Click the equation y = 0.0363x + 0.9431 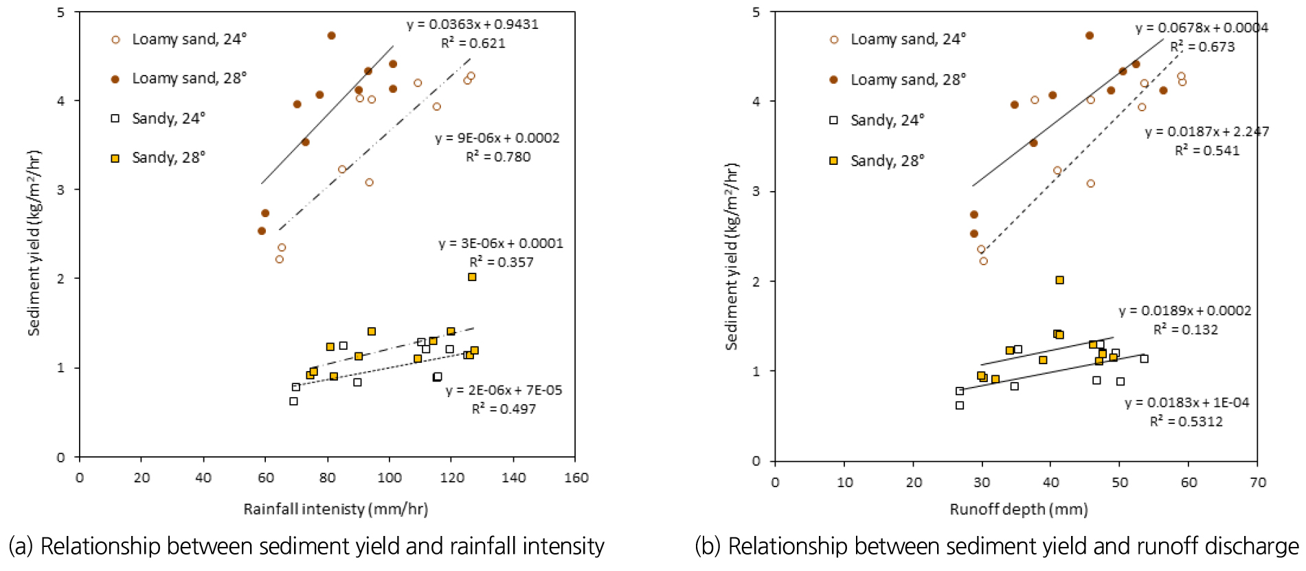pos(472,25)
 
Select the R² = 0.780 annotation pos(498,157)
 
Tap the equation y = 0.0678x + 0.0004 pos(1202,28)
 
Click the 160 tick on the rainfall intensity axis pos(576,478)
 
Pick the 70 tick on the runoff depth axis pos(1257,482)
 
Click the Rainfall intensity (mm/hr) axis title pos(335,509)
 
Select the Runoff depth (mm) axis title pos(1018,509)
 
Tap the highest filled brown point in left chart pos(331,36)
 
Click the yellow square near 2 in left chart pos(472,277)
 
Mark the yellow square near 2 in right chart pos(1059,280)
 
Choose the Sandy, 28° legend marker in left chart pos(115,158)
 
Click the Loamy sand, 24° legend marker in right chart pos(834,40)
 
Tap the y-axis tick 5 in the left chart pos(62,12)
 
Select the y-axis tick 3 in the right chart pos(756,191)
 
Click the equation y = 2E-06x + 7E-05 pos(504,390)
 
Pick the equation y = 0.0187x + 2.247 pos(1206,132)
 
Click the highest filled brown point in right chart pos(1089,36)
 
